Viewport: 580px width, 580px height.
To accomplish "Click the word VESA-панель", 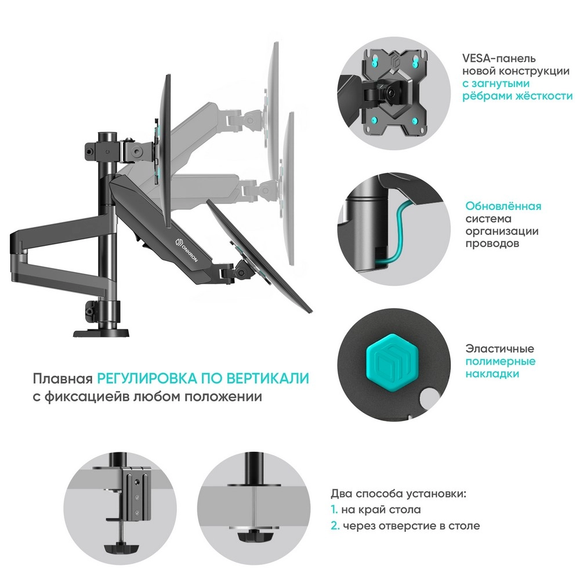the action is [499, 59].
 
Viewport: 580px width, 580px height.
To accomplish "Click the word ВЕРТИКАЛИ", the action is [267, 378].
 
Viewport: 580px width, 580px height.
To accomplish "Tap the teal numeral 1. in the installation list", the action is [335, 509].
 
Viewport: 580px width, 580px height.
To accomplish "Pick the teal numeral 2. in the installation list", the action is [335, 525].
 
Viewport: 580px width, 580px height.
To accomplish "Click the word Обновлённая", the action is [503, 206].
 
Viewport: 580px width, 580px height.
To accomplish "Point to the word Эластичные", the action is [500, 349].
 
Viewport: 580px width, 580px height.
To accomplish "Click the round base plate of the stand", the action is [101, 332].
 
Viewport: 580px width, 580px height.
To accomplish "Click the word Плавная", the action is [63, 379].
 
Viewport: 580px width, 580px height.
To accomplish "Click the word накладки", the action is [492, 374].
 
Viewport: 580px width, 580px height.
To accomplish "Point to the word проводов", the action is [492, 244].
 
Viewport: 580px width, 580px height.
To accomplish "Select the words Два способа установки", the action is [398, 494].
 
